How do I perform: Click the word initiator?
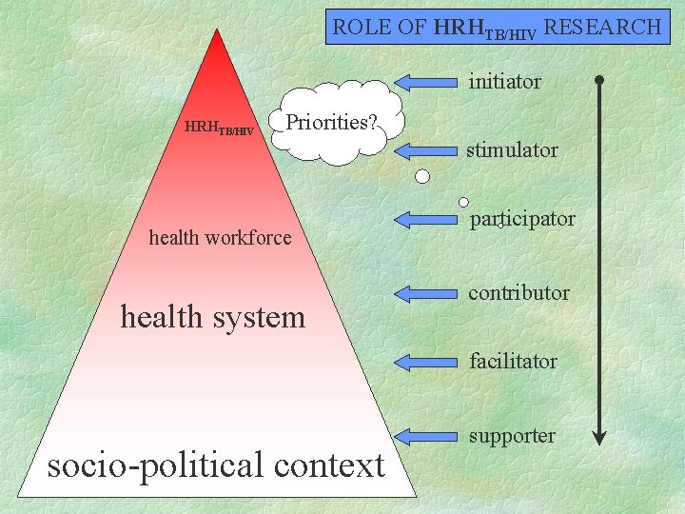pyautogui.click(x=504, y=82)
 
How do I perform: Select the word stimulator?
pyautogui.click(x=511, y=150)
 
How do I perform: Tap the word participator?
pyautogui.click(x=522, y=219)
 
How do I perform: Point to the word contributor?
pyautogui.click(x=519, y=293)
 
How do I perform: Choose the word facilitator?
pyautogui.click(x=512, y=362)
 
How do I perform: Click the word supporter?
pyautogui.click(x=512, y=436)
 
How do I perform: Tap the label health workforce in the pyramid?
pyautogui.click(x=221, y=238)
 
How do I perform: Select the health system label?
pyautogui.click(x=213, y=316)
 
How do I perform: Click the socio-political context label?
pyautogui.click(x=216, y=465)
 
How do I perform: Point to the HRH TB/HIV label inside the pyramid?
pyautogui.click(x=219, y=128)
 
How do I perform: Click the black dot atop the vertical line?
pyautogui.click(x=598, y=80)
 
